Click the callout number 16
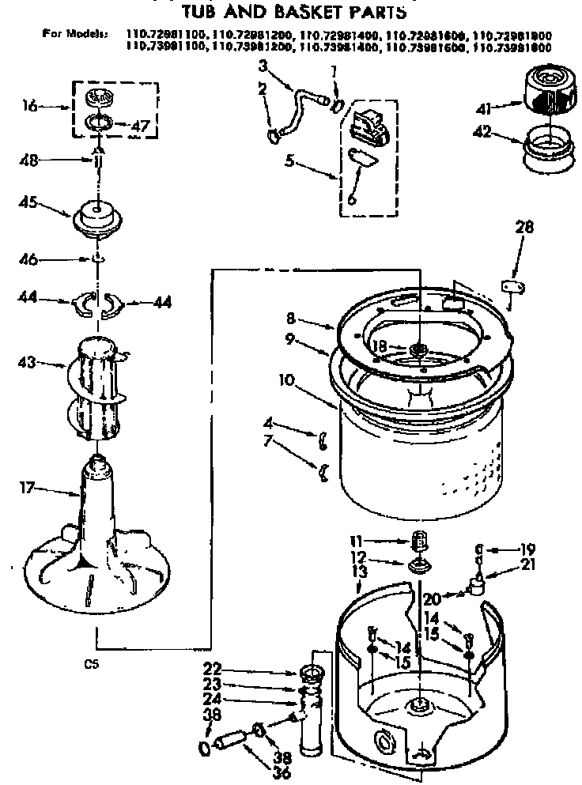[x=29, y=105]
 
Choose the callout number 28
[x=524, y=228]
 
